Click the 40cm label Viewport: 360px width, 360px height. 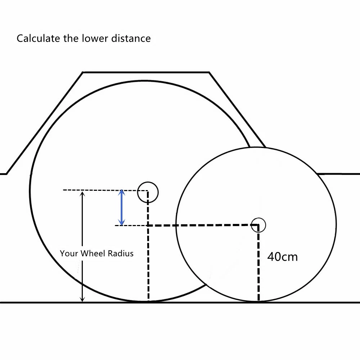point(283,257)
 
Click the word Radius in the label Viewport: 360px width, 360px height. point(120,253)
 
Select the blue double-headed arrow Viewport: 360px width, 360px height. point(122,208)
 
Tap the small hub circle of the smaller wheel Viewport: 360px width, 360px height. point(258,225)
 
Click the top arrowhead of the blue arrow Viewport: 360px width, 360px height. point(122,193)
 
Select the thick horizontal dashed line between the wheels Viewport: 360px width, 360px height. point(202,225)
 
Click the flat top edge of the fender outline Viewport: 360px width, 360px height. point(146,72)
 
